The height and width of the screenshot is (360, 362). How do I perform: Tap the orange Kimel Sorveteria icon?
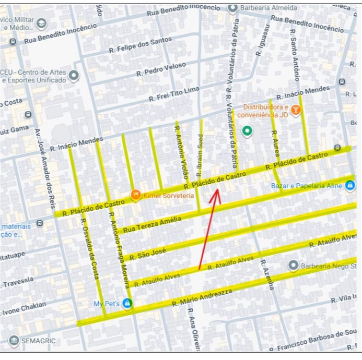coord(135,195)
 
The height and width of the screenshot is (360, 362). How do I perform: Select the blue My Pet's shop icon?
coord(127,303)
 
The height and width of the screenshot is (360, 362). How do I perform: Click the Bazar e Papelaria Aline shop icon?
coord(349,185)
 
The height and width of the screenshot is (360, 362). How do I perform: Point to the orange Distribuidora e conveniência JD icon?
coord(296,110)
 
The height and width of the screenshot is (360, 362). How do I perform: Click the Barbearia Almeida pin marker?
coord(232,8)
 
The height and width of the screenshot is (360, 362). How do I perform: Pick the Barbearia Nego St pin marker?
coord(293,266)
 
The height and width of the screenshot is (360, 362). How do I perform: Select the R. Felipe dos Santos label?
coord(140,45)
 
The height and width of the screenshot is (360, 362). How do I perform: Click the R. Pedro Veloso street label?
coord(161,69)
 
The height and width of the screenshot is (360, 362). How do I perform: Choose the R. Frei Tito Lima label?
coord(174,94)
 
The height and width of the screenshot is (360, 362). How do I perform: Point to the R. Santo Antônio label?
coord(295,55)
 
